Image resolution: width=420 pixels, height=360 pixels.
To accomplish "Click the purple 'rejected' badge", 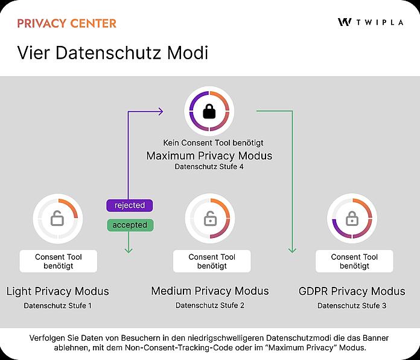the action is tap(130, 205).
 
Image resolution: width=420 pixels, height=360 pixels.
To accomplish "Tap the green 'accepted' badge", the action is tap(130, 225).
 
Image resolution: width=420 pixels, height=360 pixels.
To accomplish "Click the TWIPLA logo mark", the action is tap(345, 22).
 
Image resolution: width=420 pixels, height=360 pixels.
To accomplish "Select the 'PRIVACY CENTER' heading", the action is tap(67, 24).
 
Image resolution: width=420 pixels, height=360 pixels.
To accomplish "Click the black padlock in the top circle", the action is tap(209, 111).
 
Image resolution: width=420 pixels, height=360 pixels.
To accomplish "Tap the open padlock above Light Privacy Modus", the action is tap(57, 218).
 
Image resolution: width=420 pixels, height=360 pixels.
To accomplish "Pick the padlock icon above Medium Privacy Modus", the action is tap(211, 218).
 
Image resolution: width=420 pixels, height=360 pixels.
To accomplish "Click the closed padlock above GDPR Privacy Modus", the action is tap(352, 218).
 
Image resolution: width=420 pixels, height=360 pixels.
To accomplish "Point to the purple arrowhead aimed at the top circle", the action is tap(160, 112).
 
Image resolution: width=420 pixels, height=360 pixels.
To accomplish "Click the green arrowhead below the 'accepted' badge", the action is tap(129, 250).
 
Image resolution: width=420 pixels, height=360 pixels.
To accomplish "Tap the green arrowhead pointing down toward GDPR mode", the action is tap(292, 250).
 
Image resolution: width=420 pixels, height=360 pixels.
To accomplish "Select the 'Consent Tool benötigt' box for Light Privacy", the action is tap(59, 262).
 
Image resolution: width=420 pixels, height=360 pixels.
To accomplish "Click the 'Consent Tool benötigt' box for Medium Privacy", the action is tap(212, 262).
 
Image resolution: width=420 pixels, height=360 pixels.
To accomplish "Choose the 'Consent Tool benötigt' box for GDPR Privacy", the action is tap(354, 262).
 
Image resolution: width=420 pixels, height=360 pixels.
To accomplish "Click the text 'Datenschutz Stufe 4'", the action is tap(209, 167).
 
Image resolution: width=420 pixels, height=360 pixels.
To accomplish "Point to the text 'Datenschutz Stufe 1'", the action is tap(57, 306).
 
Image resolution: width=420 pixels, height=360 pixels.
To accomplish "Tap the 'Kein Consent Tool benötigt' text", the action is tap(213, 143).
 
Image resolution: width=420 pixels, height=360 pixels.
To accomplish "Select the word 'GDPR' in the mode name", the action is tap(313, 291).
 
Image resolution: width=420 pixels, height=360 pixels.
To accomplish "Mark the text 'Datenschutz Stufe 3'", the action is tap(352, 306).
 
